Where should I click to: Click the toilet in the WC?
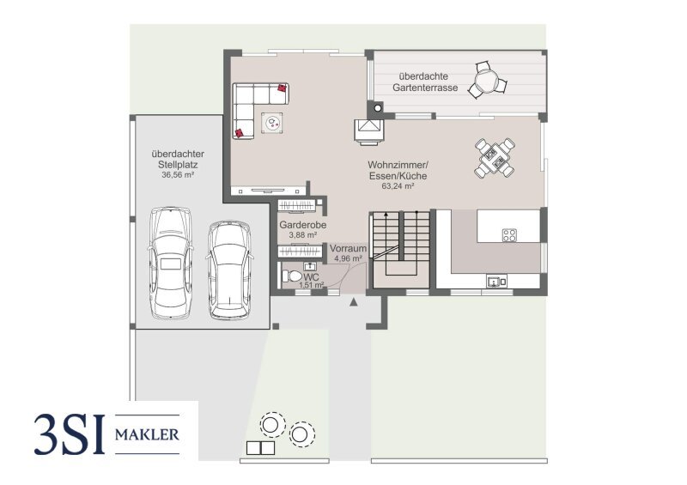pyautogui.click(x=292, y=276)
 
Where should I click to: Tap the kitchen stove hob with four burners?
pyautogui.click(x=509, y=235)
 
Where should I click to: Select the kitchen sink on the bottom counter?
pyautogui.click(x=496, y=281)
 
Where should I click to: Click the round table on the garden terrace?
pyautogui.click(x=487, y=81)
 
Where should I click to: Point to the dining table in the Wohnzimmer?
pyautogui.click(x=495, y=158)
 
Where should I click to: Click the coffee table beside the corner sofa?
pyautogui.click(x=272, y=122)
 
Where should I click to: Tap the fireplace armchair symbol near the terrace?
pyautogui.click(x=369, y=130)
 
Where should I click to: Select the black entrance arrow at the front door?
pyautogui.click(x=354, y=301)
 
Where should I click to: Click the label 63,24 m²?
pyautogui.click(x=398, y=185)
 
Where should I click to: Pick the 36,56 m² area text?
pyautogui.click(x=178, y=174)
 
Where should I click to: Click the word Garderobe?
pyautogui.click(x=303, y=225)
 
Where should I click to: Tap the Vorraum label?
pyautogui.click(x=349, y=248)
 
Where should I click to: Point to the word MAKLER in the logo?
pyautogui.click(x=147, y=434)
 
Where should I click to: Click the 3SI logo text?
pyautogui.click(x=70, y=434)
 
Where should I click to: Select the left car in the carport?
pyautogui.click(x=170, y=263)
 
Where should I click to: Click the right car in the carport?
pyautogui.click(x=229, y=270)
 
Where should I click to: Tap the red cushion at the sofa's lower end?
pyautogui.click(x=240, y=133)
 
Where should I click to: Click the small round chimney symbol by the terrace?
pyautogui.click(x=378, y=107)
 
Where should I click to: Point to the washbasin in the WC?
pyautogui.click(x=310, y=265)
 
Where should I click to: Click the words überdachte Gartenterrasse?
pyautogui.click(x=425, y=82)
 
